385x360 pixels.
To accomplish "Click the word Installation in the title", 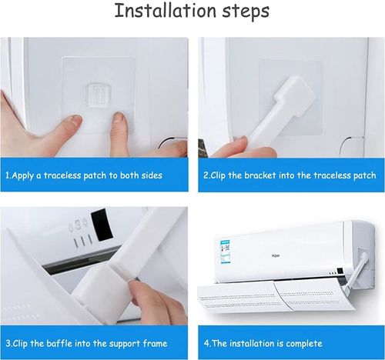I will tap(162, 12).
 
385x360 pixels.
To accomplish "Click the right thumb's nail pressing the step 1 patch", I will tap(118, 118).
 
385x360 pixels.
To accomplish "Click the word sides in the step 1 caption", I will tap(149, 175).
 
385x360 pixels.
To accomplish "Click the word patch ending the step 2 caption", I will tap(363, 175).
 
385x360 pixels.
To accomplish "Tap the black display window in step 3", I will tap(101, 226).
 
